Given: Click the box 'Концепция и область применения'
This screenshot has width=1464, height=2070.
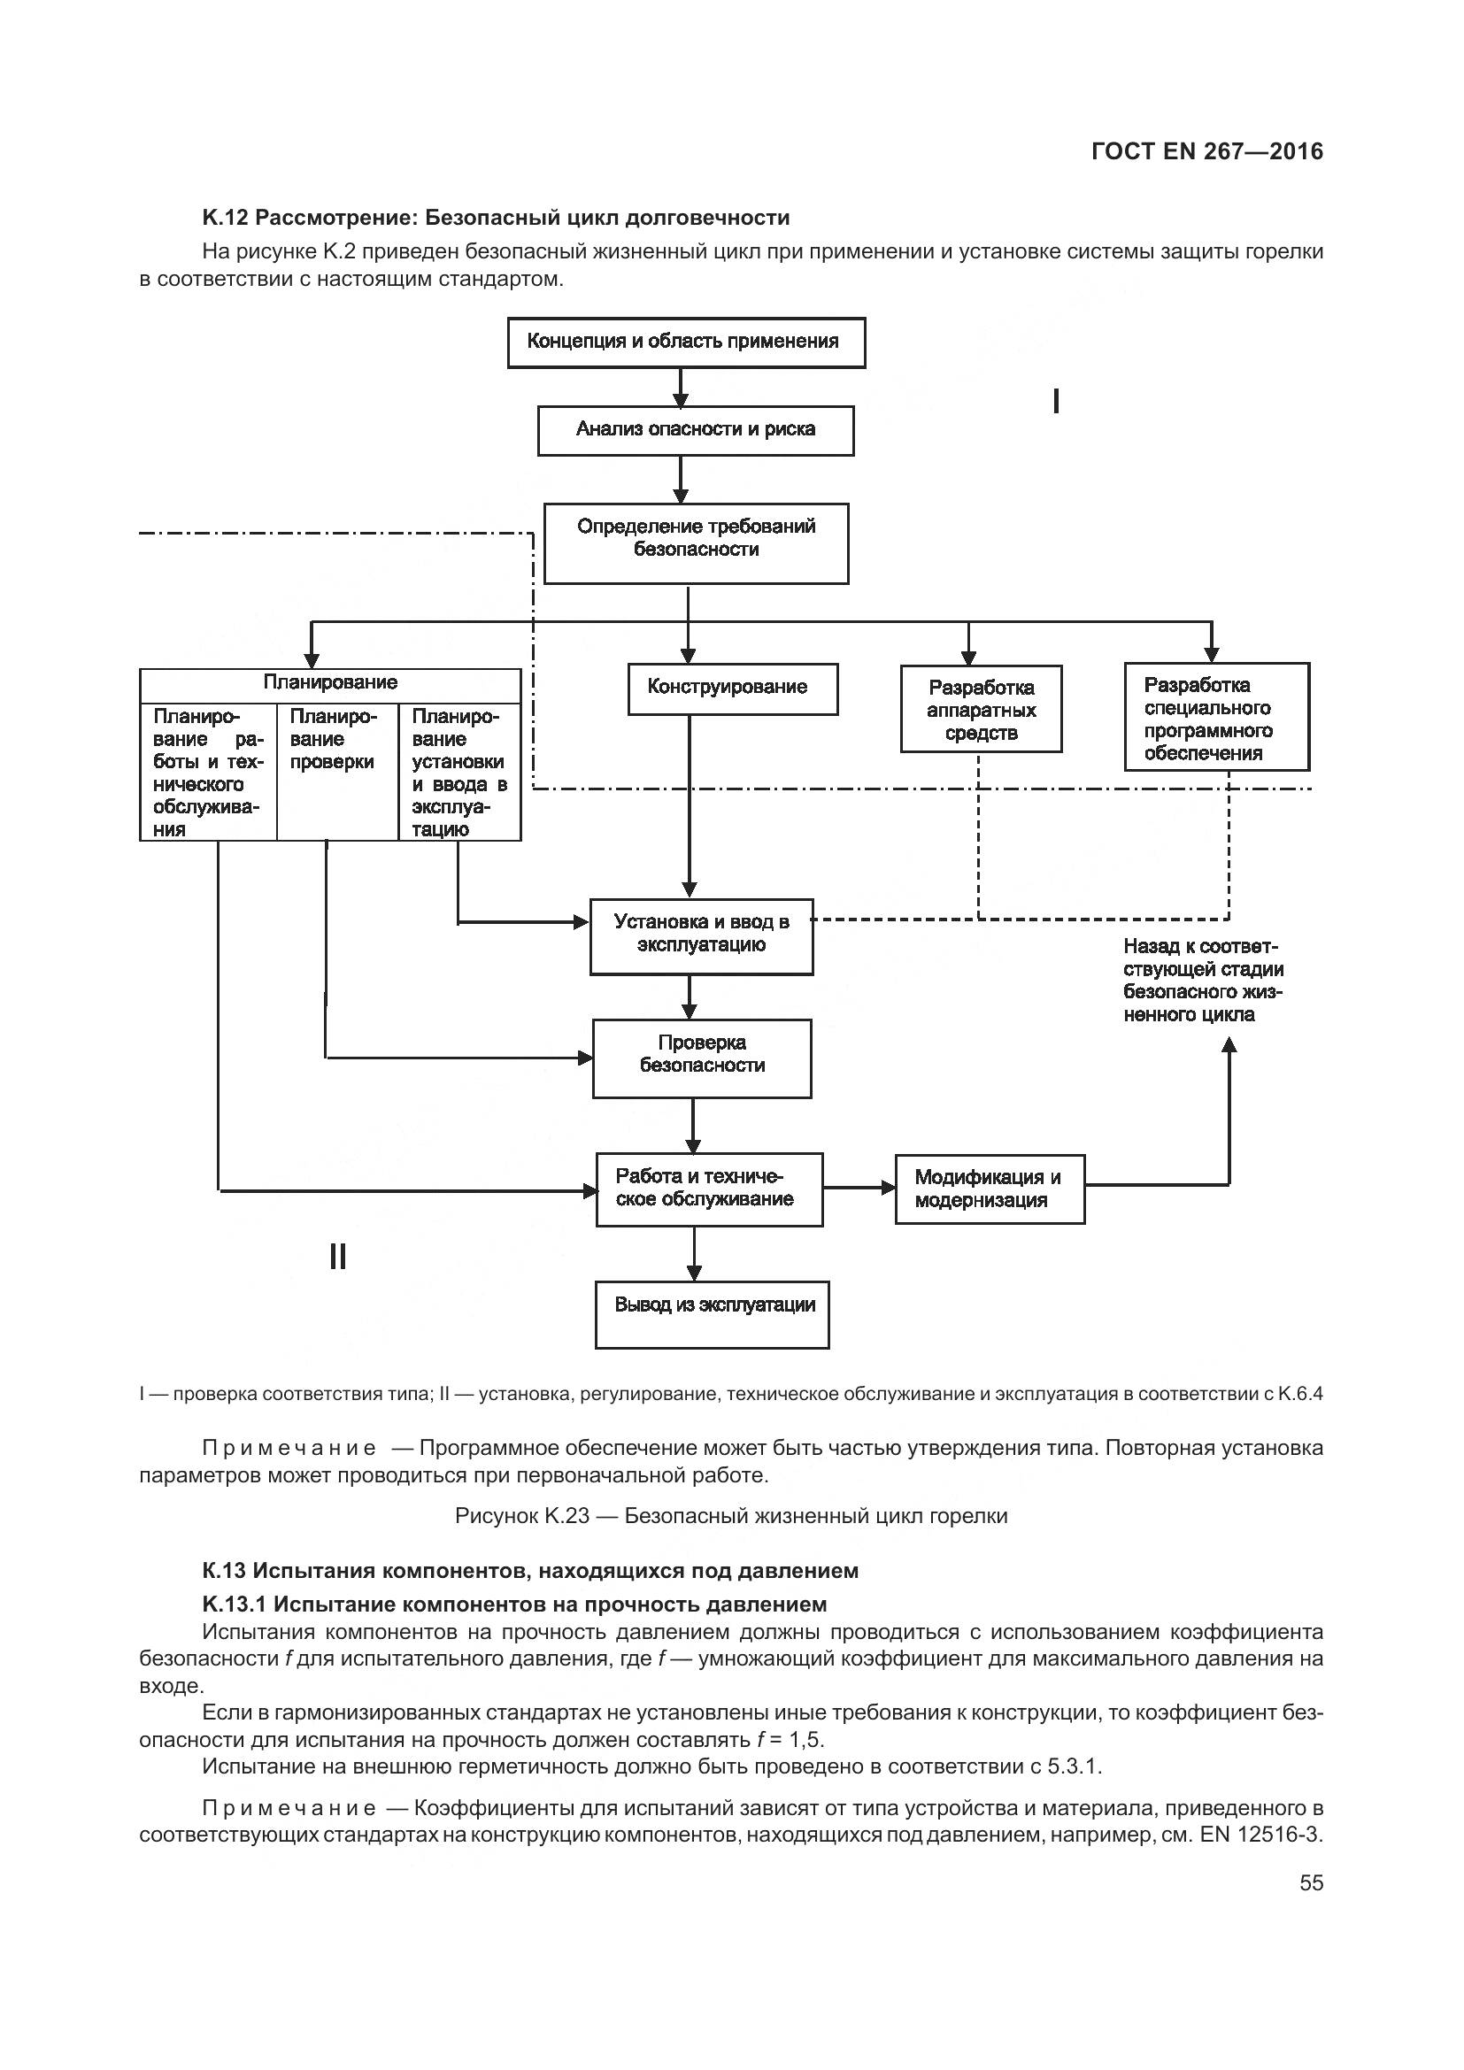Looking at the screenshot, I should (686, 342).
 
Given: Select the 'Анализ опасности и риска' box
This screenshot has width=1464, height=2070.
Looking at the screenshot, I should (695, 430).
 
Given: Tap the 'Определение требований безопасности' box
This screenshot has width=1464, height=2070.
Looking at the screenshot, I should (696, 543).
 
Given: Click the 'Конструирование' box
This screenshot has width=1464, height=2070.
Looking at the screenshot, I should (732, 689).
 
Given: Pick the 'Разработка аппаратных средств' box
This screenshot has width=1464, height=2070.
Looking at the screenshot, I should (981, 709).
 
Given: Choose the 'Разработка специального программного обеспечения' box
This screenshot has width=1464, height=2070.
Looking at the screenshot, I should (1216, 717).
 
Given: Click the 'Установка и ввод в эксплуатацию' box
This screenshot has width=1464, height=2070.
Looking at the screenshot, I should (701, 935).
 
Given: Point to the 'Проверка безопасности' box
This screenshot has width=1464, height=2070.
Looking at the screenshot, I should (701, 1058).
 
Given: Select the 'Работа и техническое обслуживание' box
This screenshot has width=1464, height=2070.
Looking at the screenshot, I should (710, 1189).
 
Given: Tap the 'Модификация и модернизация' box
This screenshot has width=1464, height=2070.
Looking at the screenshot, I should (989, 1189).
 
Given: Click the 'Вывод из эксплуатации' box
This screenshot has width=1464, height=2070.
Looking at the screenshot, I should (713, 1314).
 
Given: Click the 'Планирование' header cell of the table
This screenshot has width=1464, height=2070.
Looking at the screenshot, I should (330, 682).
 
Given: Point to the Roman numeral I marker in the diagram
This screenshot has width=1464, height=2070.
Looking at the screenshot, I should (1056, 401).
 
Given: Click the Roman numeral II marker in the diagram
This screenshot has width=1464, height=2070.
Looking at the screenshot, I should (338, 1256).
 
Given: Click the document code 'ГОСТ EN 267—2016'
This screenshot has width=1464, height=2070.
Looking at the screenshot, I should (1207, 151).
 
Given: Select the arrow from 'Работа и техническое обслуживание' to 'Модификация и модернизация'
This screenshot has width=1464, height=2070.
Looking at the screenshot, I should (859, 1189).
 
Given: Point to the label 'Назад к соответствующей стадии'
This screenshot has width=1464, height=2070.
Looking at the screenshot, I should (1204, 980).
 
